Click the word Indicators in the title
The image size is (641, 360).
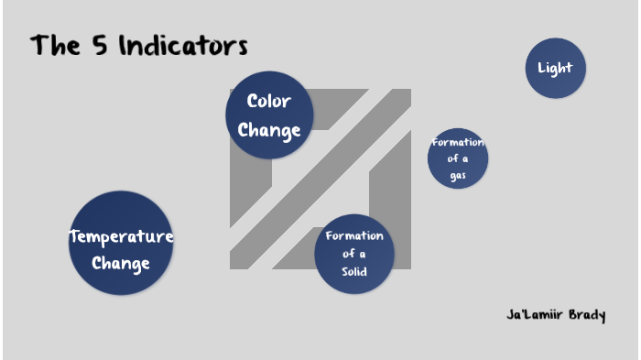click(182, 46)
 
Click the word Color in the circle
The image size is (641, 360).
click(269, 102)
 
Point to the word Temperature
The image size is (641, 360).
click(121, 237)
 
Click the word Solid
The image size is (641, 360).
click(354, 272)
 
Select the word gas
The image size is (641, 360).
click(458, 175)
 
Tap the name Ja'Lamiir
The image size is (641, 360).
click(530, 315)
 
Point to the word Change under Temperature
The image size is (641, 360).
click(121, 264)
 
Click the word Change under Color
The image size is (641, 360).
click(269, 130)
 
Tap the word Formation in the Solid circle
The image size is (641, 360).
click(354, 235)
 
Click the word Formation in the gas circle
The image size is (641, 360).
click(458, 142)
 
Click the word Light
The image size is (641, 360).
click(555, 68)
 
